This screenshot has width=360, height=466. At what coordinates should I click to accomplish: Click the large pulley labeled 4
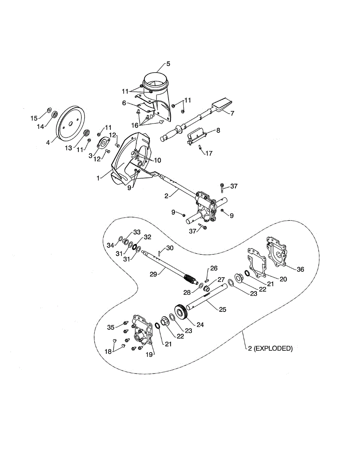(x=71, y=122)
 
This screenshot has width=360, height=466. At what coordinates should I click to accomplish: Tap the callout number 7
(x=232, y=113)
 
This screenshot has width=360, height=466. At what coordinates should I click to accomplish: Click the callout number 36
(x=301, y=269)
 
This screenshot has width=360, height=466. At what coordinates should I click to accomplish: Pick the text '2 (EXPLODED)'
(x=270, y=348)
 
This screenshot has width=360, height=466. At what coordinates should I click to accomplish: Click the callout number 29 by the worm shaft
(x=153, y=273)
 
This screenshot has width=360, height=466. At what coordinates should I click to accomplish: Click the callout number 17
(x=209, y=153)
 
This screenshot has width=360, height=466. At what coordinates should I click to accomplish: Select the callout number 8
(x=218, y=130)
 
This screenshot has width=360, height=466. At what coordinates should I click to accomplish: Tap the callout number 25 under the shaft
(x=222, y=309)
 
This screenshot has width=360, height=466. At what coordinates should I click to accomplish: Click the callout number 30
(x=170, y=248)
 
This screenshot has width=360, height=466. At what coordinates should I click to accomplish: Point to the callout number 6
(x=124, y=103)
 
